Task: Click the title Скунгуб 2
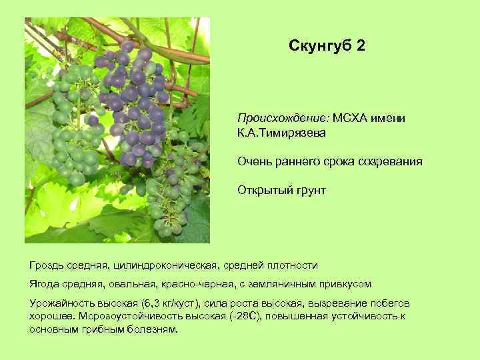click(x=327, y=46)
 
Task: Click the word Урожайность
click(x=60, y=303)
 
